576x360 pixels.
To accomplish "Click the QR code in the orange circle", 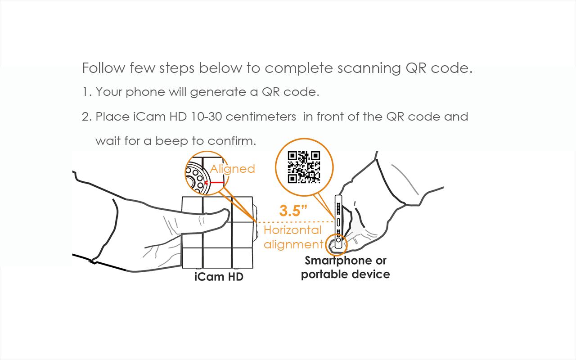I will pos(304,167).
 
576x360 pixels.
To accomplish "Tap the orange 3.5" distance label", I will pos(293,211).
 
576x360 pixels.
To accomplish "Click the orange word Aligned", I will pos(232,169).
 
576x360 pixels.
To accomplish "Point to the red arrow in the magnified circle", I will pos(214,183).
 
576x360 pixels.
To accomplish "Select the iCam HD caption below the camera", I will pos(219,277).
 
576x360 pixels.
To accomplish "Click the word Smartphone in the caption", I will pos(333,261).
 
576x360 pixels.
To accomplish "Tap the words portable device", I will pos(345,274).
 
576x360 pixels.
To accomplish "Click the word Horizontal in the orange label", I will pos(292,230).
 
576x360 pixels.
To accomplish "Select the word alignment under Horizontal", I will pos(293,244).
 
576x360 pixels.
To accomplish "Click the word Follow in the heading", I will pos(103,68).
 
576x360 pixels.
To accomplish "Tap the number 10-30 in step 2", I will pos(206,117).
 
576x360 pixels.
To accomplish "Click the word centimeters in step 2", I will pos(261,117).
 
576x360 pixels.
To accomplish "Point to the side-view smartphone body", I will pos(338,216).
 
